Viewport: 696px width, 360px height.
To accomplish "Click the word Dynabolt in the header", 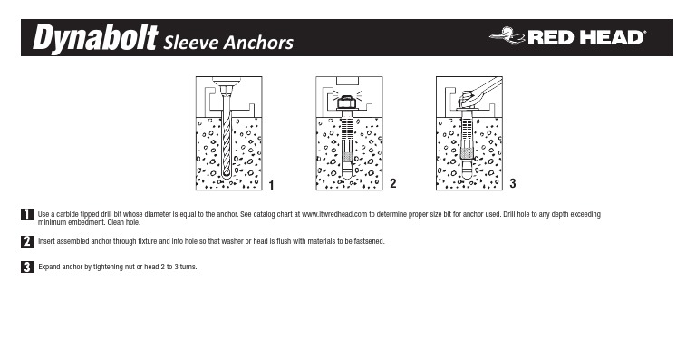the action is point(95,38).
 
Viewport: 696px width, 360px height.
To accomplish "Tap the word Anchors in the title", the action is point(258,43).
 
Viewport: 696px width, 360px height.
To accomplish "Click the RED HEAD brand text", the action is point(586,38).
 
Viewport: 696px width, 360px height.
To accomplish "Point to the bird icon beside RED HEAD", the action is point(508,35).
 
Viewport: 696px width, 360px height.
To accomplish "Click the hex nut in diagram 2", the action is point(347,103).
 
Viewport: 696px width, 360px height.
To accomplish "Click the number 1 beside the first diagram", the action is point(271,185).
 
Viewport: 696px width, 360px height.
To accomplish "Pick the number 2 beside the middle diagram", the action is point(392,183).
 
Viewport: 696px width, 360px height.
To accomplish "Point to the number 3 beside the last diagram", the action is point(513,183).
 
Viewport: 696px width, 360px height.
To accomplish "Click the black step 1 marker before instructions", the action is point(27,214).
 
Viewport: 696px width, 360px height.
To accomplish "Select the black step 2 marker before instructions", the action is point(27,241).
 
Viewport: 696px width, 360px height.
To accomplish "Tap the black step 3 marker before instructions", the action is point(27,267).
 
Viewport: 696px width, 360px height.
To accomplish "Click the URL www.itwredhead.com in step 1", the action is point(334,214).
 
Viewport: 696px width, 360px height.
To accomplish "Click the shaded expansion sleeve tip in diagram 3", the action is point(467,153).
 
